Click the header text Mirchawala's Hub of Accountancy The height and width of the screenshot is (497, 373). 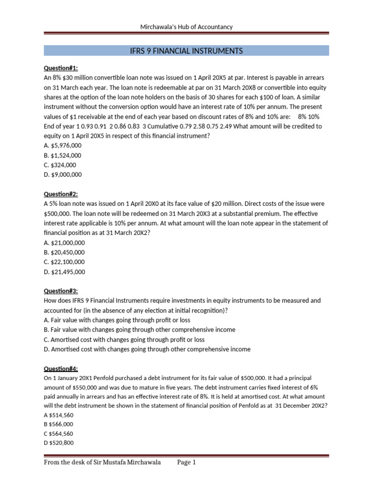pos(186,27)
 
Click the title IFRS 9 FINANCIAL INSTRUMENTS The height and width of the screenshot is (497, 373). pos(186,51)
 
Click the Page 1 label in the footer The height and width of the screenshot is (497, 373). pos(186,463)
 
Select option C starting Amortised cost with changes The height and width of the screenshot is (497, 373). pos(124,339)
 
